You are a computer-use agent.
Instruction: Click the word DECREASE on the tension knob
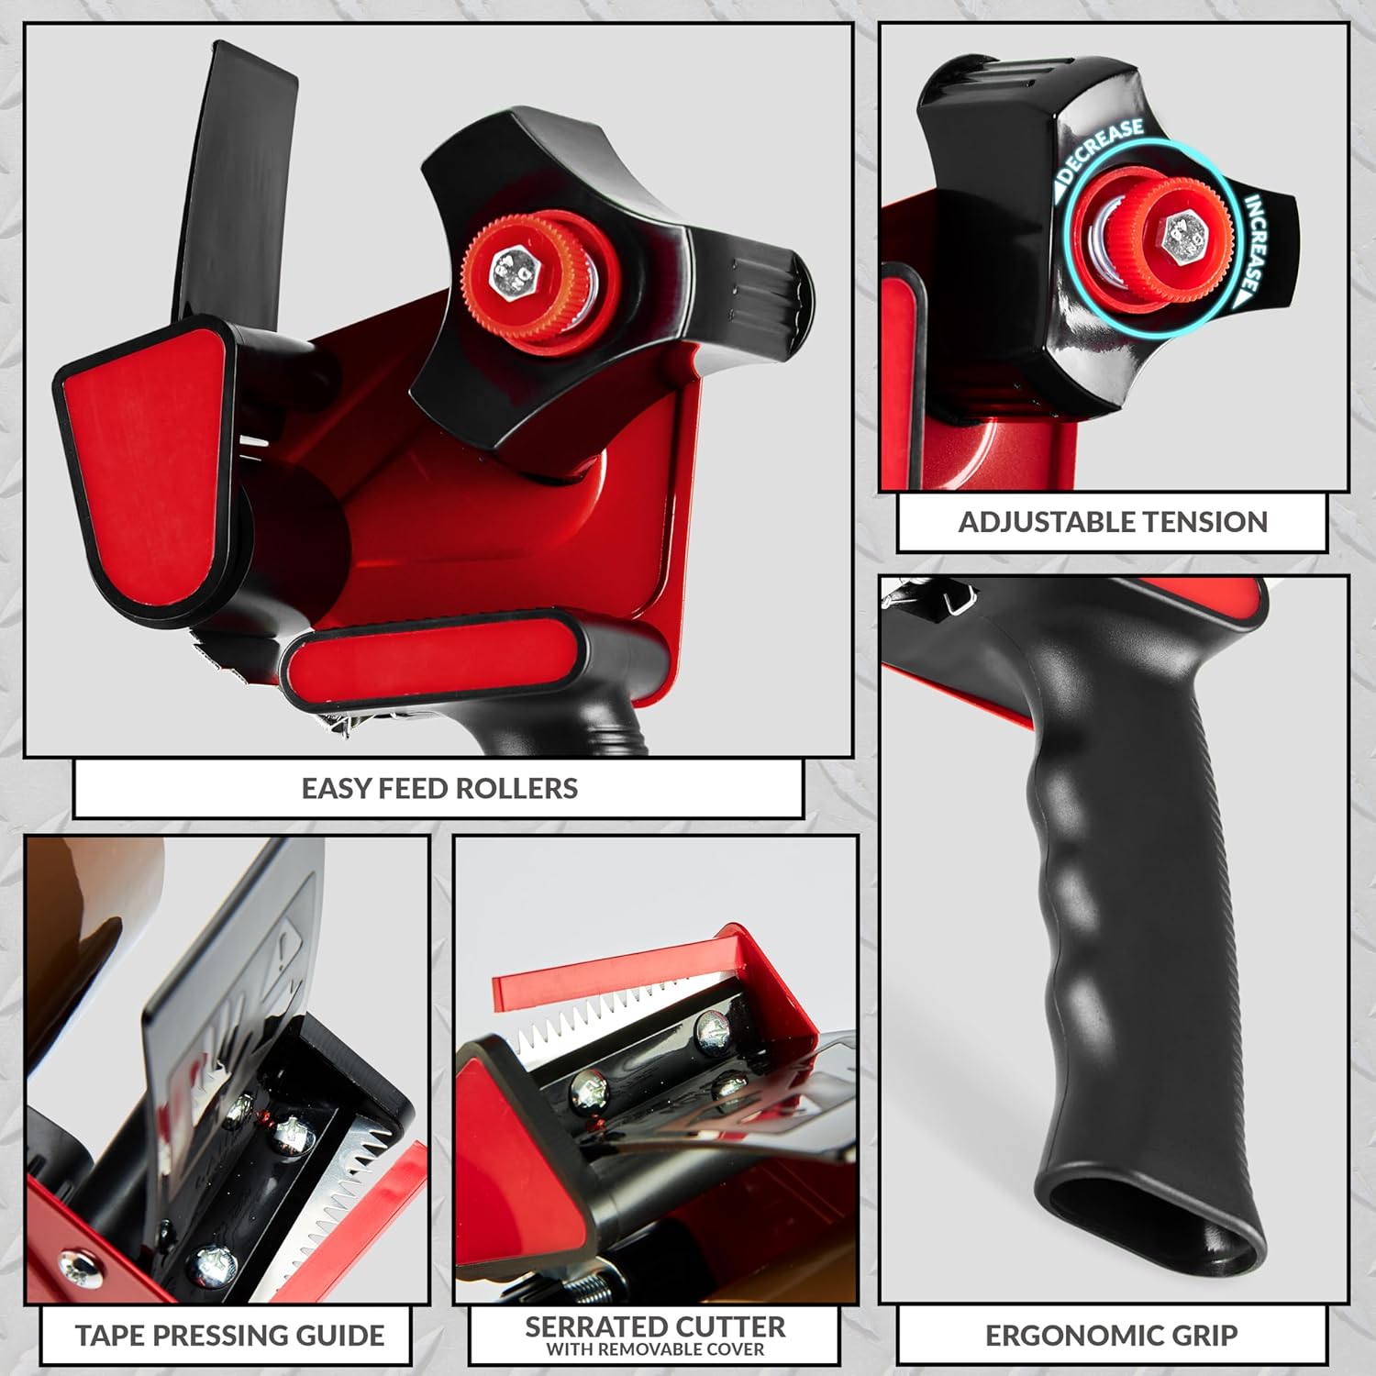[x=1102, y=150]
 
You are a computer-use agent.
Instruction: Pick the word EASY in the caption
[x=337, y=788]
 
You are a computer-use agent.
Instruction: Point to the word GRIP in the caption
[x=1198, y=1336]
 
